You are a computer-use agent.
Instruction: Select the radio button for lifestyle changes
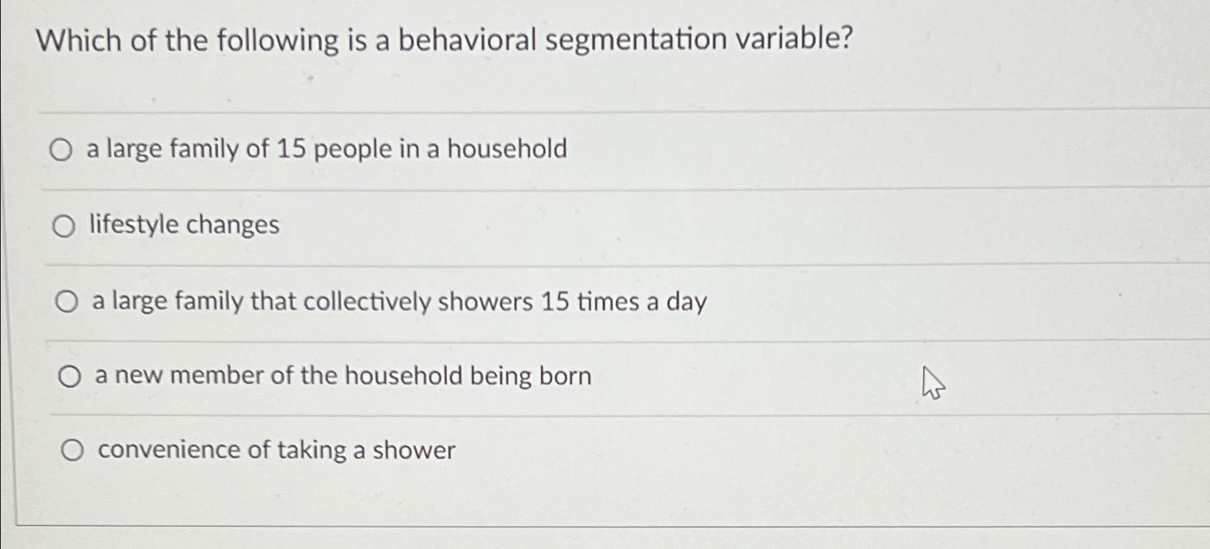click(64, 226)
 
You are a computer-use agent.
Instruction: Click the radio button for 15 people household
click(61, 150)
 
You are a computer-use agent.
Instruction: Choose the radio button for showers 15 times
click(66, 302)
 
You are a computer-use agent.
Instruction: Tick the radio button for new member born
click(70, 376)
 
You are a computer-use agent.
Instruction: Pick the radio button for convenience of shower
click(73, 450)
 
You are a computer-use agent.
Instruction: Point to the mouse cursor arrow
click(933, 383)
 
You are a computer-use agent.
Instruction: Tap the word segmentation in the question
click(635, 40)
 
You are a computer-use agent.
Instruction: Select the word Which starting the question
click(79, 41)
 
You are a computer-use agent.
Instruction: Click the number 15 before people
click(292, 148)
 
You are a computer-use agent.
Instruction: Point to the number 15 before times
click(555, 301)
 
